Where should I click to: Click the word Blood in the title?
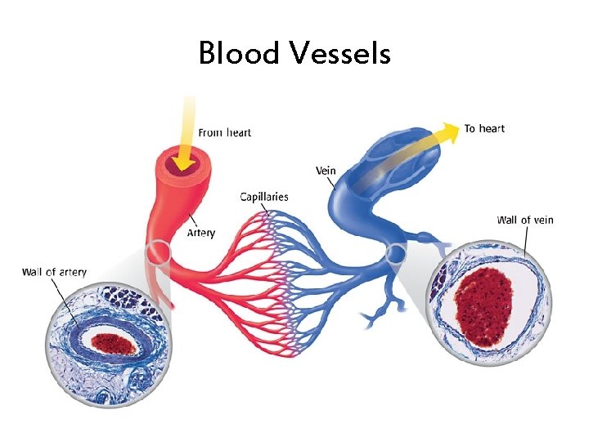tap(239, 54)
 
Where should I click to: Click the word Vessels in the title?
tap(339, 54)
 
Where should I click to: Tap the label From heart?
tap(224, 132)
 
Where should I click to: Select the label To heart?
tap(484, 128)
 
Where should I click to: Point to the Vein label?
tap(325, 170)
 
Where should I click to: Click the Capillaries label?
tap(263, 197)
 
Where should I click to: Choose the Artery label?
tap(201, 233)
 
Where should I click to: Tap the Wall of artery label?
tap(54, 272)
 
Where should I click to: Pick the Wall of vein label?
tap(525, 220)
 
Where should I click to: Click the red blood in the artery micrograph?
tap(111, 343)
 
